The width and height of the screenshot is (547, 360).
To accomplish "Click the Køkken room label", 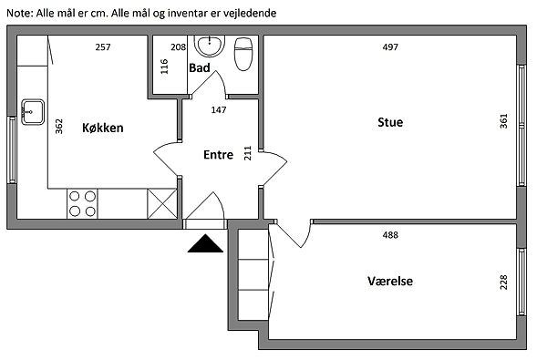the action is coord(102,128).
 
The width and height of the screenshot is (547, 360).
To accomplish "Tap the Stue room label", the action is coord(390,122).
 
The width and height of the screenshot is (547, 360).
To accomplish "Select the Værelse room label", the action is coord(390,281).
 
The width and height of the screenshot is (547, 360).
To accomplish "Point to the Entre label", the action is coord(219,155).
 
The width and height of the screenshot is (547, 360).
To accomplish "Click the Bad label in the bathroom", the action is coord(200,67).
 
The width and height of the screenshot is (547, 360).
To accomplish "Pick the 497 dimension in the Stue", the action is coord(390,47).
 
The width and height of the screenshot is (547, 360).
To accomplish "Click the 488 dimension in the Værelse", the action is coord(390,235).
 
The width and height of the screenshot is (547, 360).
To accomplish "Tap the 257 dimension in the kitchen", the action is coord(103,47).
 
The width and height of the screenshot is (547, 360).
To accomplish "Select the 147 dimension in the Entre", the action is coord(219,110).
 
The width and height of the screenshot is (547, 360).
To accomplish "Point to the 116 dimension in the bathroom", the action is coord(164,67).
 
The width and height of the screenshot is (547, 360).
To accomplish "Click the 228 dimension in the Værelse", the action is coord(503,283).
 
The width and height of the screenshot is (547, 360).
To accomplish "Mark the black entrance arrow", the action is coord(205,243).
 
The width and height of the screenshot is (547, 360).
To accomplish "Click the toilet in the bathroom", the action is coord(243,54).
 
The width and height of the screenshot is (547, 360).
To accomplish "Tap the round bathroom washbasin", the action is coord(210,46).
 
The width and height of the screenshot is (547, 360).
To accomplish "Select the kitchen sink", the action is coord(33,112).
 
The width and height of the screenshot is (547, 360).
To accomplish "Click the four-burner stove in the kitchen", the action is coord(82,204).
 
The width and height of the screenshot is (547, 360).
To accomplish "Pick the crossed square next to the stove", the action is coord(162,204).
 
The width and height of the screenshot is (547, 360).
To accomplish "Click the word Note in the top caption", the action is coord(19,14).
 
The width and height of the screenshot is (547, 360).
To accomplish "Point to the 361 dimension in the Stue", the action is coord(503,121).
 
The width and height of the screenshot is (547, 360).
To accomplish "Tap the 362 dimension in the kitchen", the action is coord(59,127).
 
